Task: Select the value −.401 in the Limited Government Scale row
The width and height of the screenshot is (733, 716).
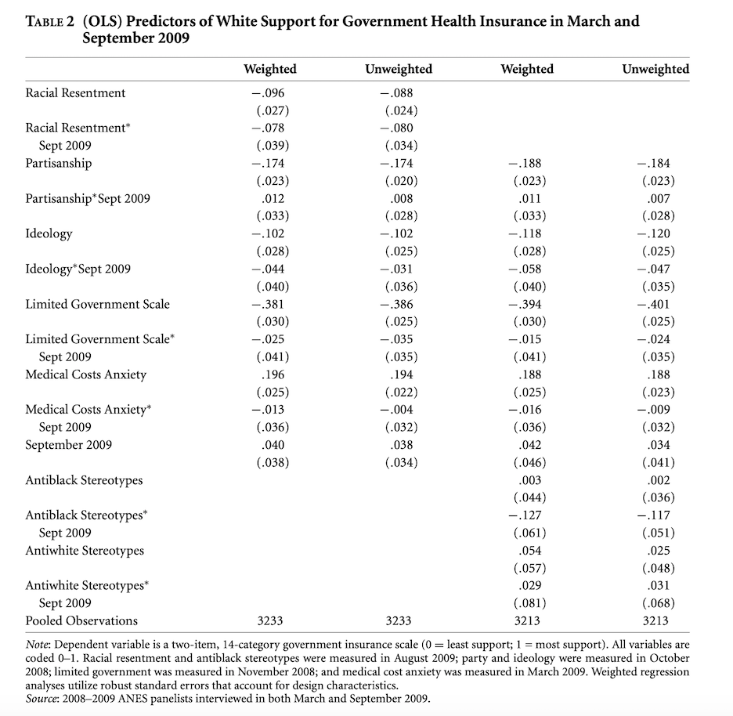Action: pyautogui.click(x=655, y=304)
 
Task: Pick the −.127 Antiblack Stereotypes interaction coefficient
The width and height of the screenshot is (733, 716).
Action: pyautogui.click(x=526, y=515)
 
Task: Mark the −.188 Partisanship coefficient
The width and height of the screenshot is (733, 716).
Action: pyautogui.click(x=526, y=163)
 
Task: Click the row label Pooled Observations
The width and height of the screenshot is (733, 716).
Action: pyautogui.click(x=81, y=620)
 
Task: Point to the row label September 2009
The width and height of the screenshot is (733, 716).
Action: pyautogui.click(x=68, y=445)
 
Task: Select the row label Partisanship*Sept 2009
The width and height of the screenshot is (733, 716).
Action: pyautogui.click(x=88, y=198)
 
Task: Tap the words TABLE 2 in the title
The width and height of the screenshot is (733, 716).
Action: pyautogui.click(x=51, y=22)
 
